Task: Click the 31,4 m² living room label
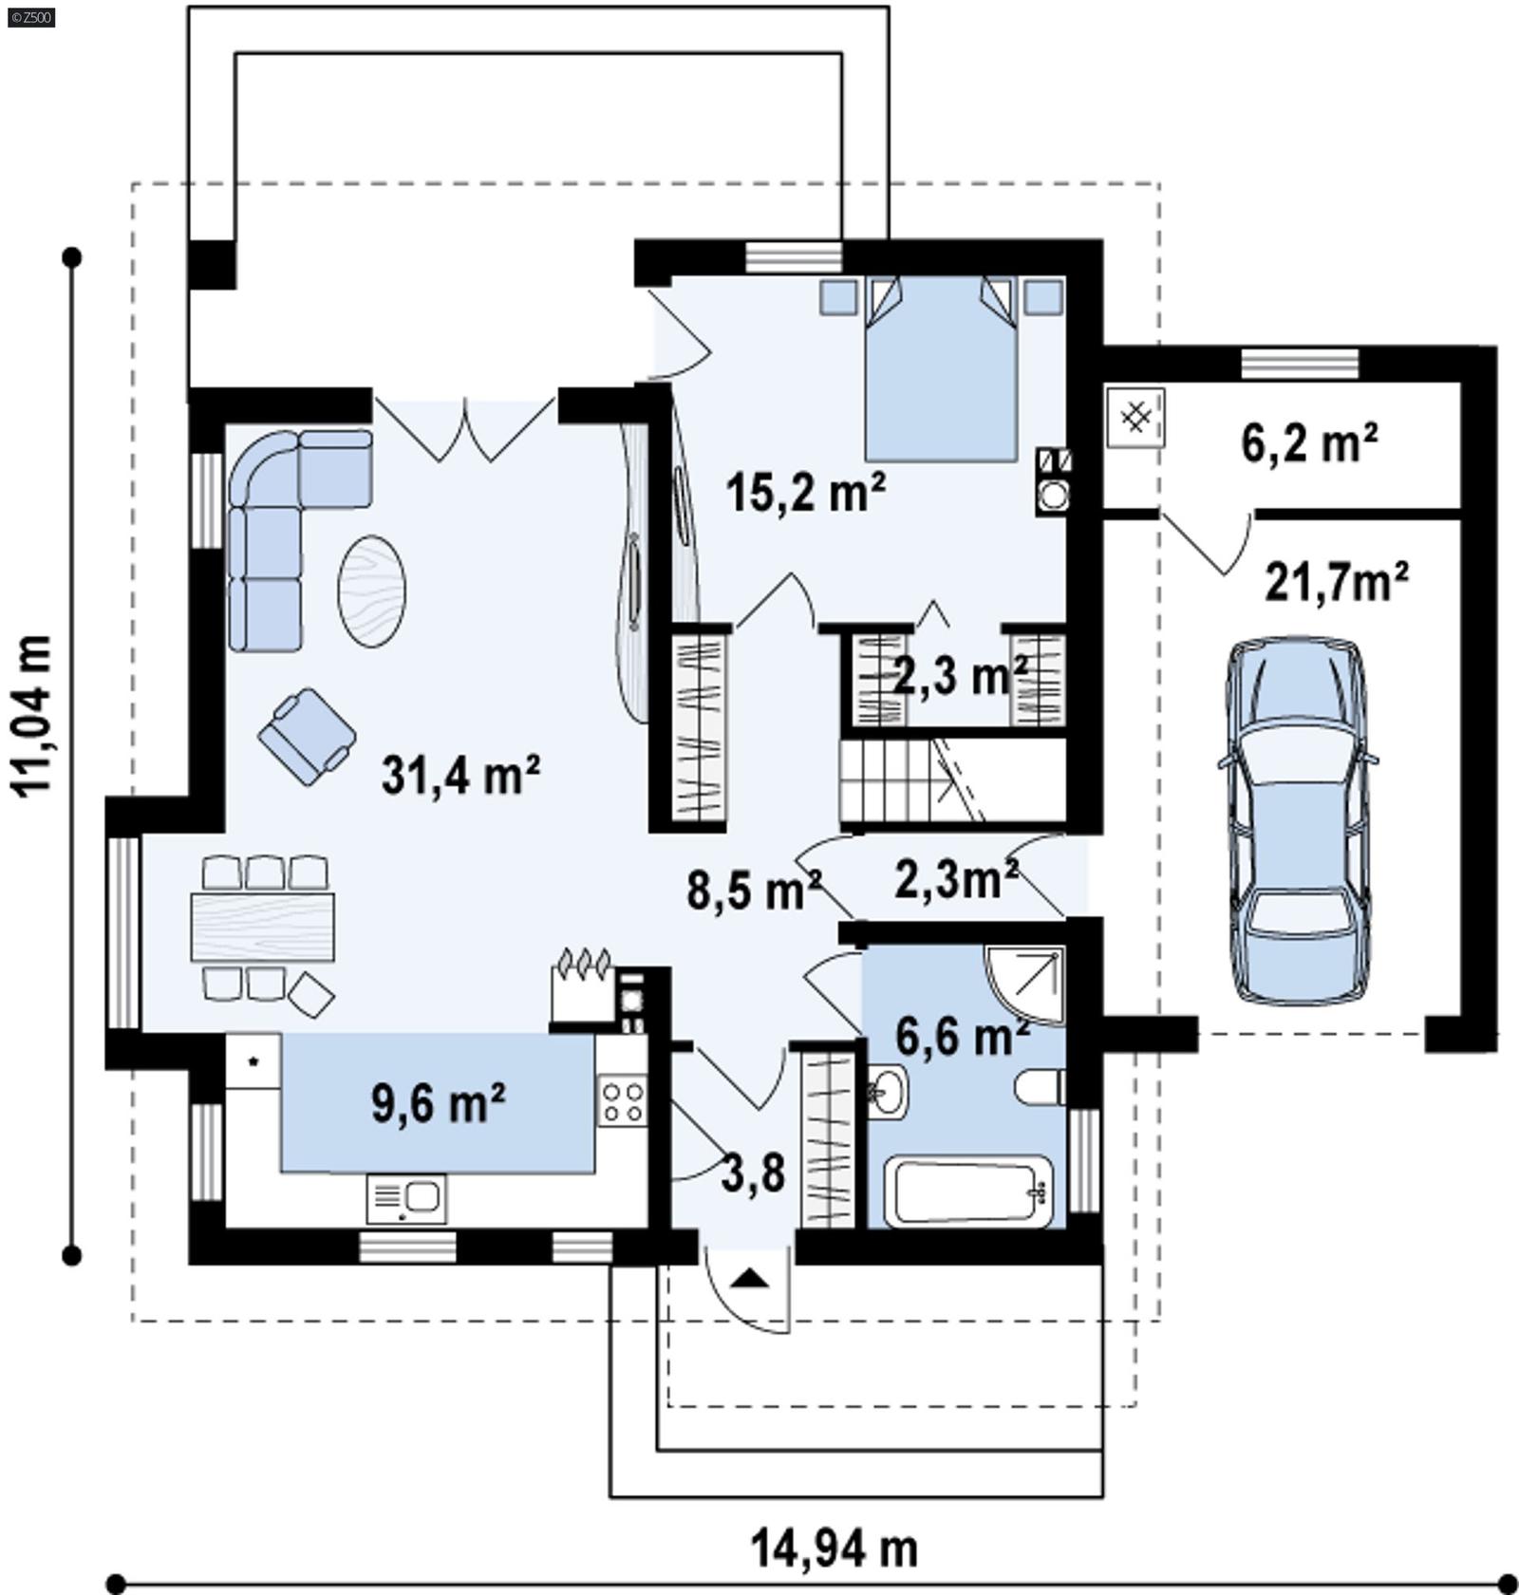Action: click(460, 775)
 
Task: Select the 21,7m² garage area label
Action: click(1336, 581)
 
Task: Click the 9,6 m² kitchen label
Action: click(438, 1103)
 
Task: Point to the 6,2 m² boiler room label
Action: click(1309, 442)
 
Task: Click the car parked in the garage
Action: click(1298, 820)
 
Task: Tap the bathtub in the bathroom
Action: click(968, 1191)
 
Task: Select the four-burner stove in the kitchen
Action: click(623, 1102)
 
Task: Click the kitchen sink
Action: click(406, 1198)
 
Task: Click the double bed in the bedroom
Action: click(940, 370)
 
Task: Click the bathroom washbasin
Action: click(888, 1092)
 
